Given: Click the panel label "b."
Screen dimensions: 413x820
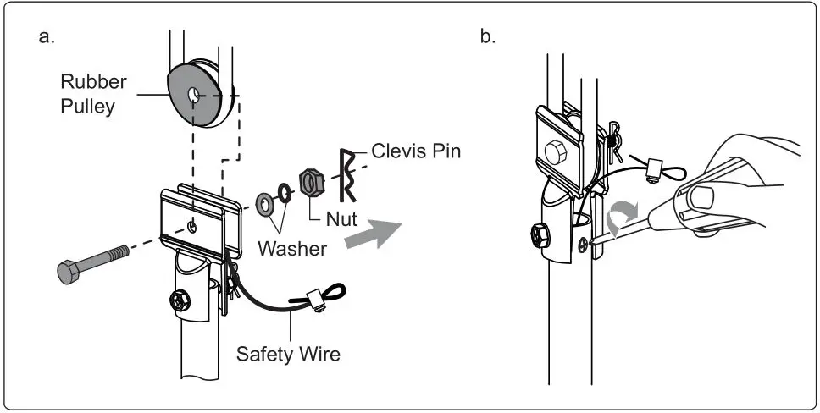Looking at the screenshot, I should pyautogui.click(x=487, y=38).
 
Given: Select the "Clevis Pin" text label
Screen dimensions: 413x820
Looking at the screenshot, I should pyautogui.click(x=415, y=152).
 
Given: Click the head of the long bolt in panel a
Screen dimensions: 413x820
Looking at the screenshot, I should pyautogui.click(x=68, y=272).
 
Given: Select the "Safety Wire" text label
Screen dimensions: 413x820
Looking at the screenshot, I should pyautogui.click(x=288, y=353).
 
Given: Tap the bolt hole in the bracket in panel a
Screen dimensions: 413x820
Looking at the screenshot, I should pyautogui.click(x=194, y=227).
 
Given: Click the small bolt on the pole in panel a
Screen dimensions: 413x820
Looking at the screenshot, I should pyautogui.click(x=180, y=300).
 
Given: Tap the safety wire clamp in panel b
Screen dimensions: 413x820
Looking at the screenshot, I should pyautogui.click(x=653, y=168).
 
